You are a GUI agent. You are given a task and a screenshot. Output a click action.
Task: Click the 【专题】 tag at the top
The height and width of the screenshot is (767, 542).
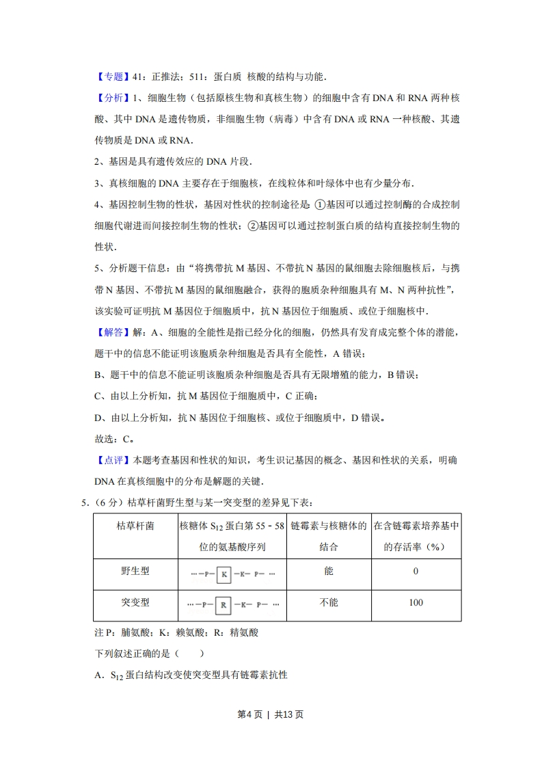[x=110, y=77]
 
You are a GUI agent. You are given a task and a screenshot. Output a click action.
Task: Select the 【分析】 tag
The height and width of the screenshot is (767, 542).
[x=110, y=98]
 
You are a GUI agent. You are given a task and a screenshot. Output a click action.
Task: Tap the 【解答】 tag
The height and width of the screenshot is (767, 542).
[x=110, y=332]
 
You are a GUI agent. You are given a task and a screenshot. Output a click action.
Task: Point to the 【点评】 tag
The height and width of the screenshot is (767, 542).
[x=110, y=460]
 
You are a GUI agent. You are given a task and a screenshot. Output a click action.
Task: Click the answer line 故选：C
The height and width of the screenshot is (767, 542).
[x=113, y=439]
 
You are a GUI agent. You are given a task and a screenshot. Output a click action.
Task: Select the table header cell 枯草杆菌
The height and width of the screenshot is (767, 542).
[x=135, y=526]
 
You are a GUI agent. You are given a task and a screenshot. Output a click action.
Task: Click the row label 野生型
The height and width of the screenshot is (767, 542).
[x=135, y=571]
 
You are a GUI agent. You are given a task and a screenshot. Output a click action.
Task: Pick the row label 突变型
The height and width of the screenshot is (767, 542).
[x=135, y=602]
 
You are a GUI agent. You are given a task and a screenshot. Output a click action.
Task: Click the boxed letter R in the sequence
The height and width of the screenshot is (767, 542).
[x=223, y=605]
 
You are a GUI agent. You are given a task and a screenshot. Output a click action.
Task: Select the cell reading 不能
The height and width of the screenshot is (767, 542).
[x=329, y=602]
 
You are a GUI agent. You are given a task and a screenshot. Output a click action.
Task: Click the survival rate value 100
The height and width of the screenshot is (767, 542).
[x=416, y=602]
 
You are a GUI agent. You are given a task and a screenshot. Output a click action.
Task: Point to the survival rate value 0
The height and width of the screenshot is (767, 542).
[x=416, y=571]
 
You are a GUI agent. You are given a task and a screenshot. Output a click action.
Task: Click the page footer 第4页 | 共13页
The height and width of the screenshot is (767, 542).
[x=270, y=714]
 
